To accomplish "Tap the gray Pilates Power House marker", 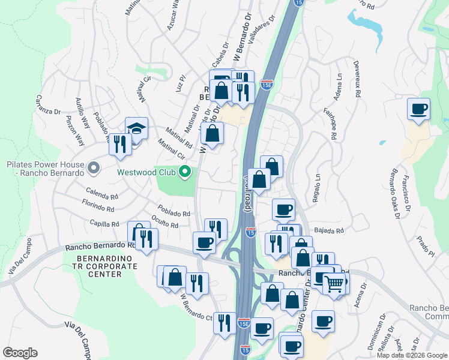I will click(x=92, y=167).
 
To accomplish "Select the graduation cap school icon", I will click(x=136, y=128).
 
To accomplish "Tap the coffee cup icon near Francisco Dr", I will click(x=418, y=110).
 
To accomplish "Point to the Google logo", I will click(x=20, y=353).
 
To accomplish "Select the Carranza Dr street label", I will click(x=48, y=104).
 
